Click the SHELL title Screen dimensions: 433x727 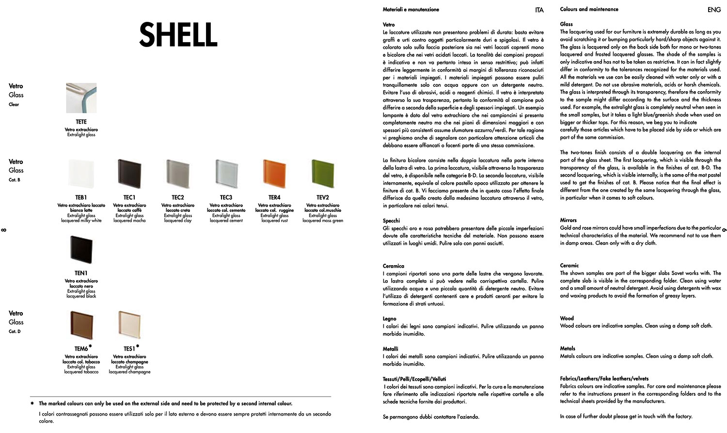[178, 35]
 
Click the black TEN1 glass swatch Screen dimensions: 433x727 [81, 250]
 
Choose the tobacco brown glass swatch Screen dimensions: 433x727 [81, 325]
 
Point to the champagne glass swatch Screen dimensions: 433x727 [129, 325]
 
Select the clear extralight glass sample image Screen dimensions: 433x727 [81, 98]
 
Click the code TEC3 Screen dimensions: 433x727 [226, 197]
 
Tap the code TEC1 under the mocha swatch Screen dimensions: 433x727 [129, 197]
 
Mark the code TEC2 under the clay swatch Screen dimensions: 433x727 [178, 197]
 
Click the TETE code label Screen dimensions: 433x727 [81, 122]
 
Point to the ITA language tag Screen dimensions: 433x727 [539, 10]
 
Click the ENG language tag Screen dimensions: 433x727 [714, 10]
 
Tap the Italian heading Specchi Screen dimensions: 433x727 [392, 221]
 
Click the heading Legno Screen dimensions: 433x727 [390, 319]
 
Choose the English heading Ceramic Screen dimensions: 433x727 [569, 265]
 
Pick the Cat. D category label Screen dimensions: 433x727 [15, 332]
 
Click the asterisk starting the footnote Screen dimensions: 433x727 [32, 403]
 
